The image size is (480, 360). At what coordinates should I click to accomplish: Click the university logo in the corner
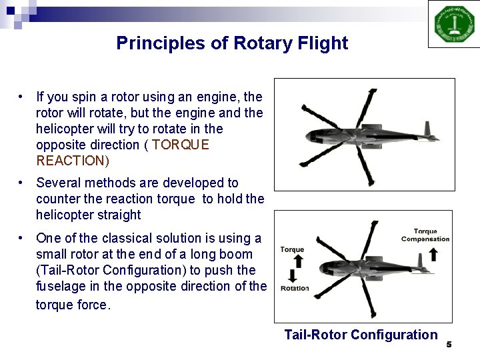(454, 24)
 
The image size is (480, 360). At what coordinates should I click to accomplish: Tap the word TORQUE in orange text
(180, 145)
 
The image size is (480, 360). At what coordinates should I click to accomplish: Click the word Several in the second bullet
(59, 183)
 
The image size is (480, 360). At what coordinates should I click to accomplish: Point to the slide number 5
(449, 345)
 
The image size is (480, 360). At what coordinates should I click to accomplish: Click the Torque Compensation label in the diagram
(425, 235)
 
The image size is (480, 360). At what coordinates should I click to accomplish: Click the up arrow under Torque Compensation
(433, 254)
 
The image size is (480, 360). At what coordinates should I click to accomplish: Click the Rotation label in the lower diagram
(295, 289)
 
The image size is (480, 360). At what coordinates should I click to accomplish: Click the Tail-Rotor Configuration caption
(361, 335)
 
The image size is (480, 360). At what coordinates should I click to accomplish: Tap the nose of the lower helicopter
(323, 269)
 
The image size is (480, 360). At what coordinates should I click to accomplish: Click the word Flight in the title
(323, 43)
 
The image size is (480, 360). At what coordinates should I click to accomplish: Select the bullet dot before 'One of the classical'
(23, 238)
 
